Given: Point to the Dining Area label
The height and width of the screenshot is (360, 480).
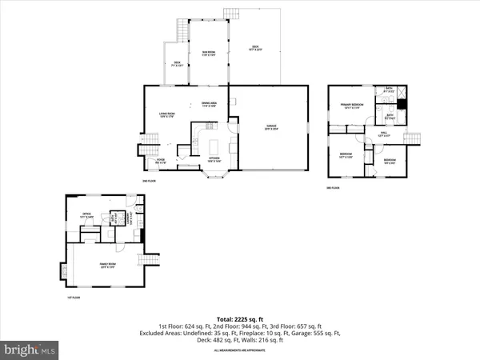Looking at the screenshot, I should click(210, 104).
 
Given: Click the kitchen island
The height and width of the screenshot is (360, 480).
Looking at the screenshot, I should click(214, 146).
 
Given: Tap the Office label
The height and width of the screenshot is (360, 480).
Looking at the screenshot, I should click(86, 214).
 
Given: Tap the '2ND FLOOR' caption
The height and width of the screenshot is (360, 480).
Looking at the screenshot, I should click(149, 182).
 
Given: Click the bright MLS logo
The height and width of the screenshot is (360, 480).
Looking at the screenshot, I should click(30, 349).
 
